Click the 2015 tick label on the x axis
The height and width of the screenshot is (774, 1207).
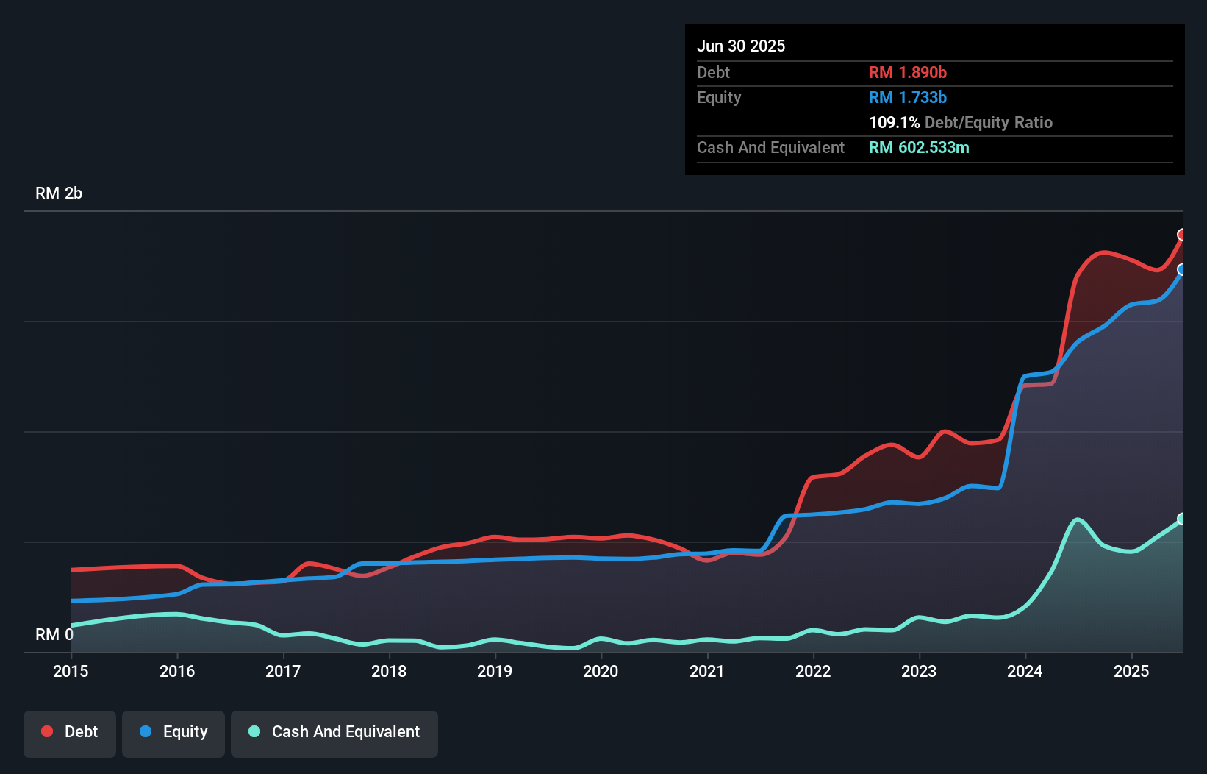[x=71, y=671]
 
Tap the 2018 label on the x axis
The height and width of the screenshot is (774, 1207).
[x=389, y=671]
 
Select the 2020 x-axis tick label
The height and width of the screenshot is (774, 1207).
[x=601, y=671]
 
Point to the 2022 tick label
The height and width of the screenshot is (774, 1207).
[x=813, y=671]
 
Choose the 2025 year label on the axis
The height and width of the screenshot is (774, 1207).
[x=1131, y=671]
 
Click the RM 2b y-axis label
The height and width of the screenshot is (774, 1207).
[x=59, y=193]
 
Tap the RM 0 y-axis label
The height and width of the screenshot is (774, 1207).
[x=54, y=634]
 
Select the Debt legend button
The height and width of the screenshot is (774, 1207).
[x=70, y=732]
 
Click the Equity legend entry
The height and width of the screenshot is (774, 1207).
[x=173, y=732]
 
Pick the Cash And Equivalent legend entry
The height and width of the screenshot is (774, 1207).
[x=334, y=732]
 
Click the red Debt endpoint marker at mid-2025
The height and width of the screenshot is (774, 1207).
[x=1182, y=235]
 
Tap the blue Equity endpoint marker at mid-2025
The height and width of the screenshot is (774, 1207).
[x=1182, y=269]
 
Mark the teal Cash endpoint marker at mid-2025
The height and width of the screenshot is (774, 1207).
[x=1182, y=519]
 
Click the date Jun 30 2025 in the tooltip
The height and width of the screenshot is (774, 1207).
[x=741, y=46]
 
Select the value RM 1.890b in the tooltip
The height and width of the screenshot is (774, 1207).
[x=908, y=73]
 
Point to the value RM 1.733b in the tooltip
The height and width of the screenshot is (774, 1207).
[x=908, y=98]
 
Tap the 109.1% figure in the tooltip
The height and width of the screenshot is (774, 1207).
[x=894, y=123]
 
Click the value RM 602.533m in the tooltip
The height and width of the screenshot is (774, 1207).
[x=919, y=148]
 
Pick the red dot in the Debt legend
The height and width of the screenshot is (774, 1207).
[x=47, y=731]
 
